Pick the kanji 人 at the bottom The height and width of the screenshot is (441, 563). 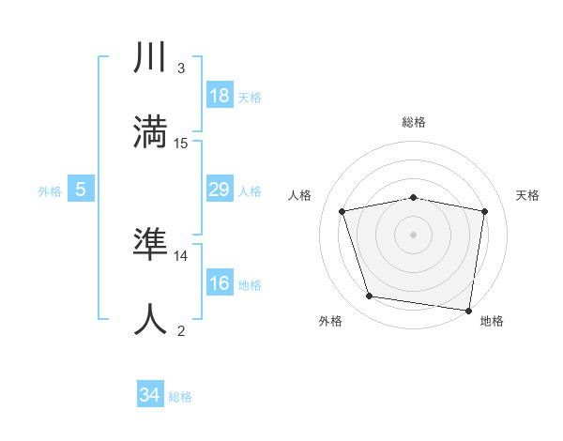click(151, 320)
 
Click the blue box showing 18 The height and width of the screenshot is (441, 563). click(219, 96)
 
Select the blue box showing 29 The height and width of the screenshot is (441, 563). click(219, 190)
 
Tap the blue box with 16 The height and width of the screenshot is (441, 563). click(219, 283)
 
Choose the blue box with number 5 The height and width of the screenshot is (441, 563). click(81, 190)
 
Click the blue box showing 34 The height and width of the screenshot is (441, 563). click(149, 396)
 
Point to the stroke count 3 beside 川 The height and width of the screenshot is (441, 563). click(181, 68)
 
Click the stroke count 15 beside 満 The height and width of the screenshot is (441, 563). click(181, 144)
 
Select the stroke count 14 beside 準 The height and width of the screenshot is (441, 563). click(181, 255)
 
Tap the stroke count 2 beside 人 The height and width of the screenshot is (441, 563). click(181, 330)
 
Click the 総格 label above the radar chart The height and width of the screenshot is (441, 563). click(414, 122)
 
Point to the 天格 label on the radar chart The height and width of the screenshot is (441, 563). click(527, 195)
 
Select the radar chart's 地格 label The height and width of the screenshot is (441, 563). click(492, 322)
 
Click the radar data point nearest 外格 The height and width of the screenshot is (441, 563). click(370, 297)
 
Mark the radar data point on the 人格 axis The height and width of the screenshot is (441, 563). click(342, 211)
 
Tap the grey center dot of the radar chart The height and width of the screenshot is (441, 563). click(414, 235)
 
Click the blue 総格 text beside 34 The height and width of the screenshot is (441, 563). click(180, 397)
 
